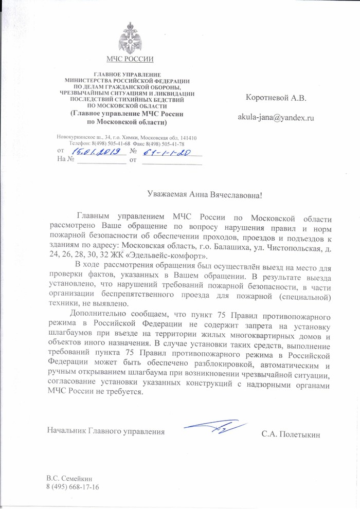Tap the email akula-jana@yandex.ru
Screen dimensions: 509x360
[x=275, y=117]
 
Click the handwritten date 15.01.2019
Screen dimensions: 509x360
[x=96, y=152]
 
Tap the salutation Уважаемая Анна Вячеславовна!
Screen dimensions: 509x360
[x=204, y=194]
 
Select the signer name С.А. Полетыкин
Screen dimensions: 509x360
[x=291, y=434]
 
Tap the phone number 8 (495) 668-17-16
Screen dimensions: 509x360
[x=73, y=486]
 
